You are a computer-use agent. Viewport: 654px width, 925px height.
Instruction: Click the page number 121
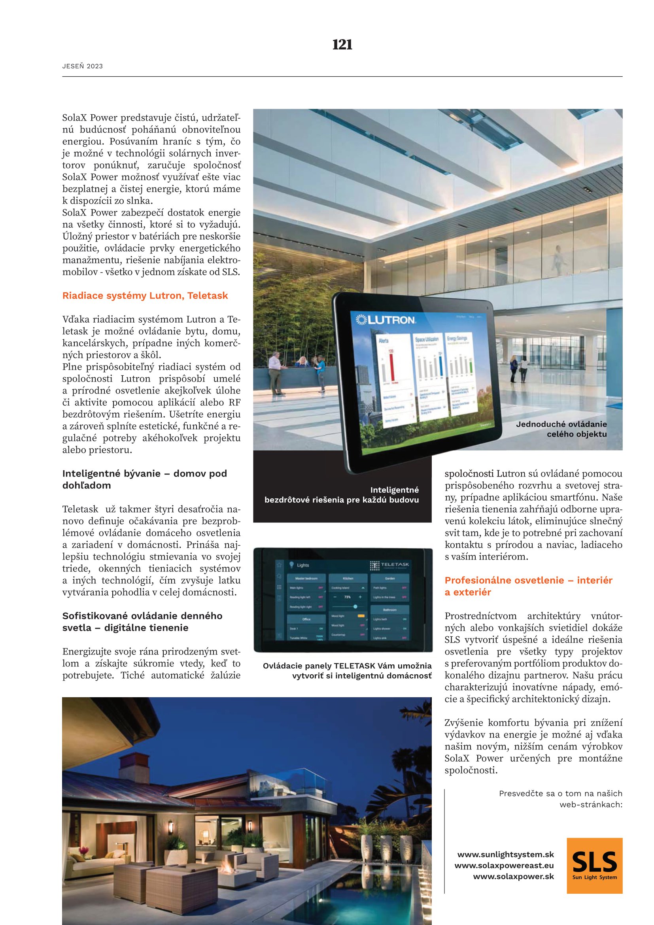(342, 45)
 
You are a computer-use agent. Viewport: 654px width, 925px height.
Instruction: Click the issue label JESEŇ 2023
(83, 66)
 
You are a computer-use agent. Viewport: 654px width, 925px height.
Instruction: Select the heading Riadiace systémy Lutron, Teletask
(145, 296)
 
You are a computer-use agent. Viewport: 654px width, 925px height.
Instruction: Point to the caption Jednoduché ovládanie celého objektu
(561, 429)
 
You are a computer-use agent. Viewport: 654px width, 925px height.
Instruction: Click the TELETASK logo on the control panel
(389, 565)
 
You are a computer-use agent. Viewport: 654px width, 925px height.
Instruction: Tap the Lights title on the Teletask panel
(302, 565)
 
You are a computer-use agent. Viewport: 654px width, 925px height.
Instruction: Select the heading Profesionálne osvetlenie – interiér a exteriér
(528, 586)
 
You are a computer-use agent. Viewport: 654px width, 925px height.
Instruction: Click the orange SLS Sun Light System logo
(594, 865)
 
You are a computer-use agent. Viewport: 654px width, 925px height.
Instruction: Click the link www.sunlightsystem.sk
(505, 854)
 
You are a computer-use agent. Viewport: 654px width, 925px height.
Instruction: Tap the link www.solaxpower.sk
(514, 876)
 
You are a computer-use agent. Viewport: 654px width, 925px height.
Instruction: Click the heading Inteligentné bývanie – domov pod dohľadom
(145, 479)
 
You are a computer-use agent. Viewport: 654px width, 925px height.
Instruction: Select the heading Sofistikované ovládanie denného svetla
(142, 622)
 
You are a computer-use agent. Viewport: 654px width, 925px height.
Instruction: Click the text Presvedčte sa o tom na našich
(560, 793)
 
